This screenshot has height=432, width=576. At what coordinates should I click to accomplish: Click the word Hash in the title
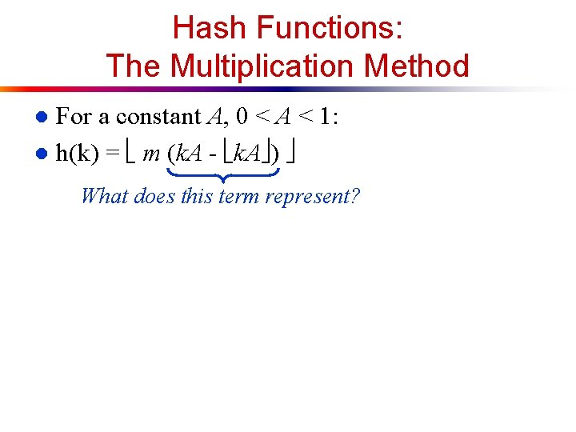pyautogui.click(x=209, y=28)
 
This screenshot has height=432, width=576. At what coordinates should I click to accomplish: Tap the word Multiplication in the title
pyautogui.click(x=270, y=66)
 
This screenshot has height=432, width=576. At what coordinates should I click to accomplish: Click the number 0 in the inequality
pyautogui.click(x=241, y=117)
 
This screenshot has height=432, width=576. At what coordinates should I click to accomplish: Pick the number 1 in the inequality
pyautogui.click(x=325, y=117)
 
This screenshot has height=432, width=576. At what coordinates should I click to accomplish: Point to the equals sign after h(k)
pyautogui.click(x=113, y=154)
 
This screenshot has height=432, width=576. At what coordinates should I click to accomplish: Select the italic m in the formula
pyautogui.click(x=150, y=154)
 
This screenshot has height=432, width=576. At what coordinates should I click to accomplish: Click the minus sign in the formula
pyautogui.click(x=211, y=154)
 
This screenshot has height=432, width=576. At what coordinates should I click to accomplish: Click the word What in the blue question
pyautogui.click(x=106, y=195)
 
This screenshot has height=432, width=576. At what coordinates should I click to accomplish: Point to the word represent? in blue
pyautogui.click(x=313, y=196)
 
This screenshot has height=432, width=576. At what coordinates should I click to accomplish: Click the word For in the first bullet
pyautogui.click(x=74, y=117)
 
